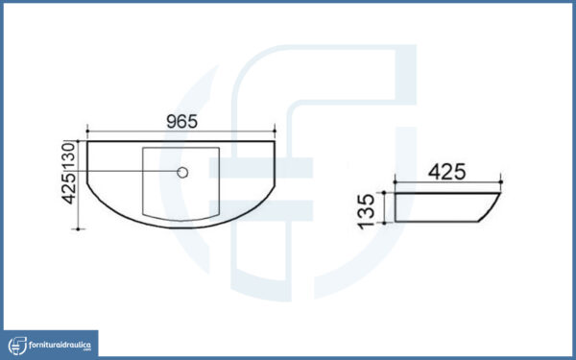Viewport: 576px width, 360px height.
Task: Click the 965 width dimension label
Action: [181, 122]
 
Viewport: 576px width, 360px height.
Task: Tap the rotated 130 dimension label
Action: [69, 156]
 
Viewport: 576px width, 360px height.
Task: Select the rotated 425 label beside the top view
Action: [69, 188]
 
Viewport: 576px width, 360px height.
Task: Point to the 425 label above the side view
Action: [447, 172]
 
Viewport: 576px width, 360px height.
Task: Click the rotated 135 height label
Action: [367, 211]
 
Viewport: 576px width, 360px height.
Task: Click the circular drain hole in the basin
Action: [182, 172]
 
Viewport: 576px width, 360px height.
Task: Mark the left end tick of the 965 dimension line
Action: [87, 131]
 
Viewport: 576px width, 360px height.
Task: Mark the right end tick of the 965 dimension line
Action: [275, 131]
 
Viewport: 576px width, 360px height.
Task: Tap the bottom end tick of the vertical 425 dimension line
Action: [78, 229]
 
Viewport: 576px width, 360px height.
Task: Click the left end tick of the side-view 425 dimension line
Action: [396, 181]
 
